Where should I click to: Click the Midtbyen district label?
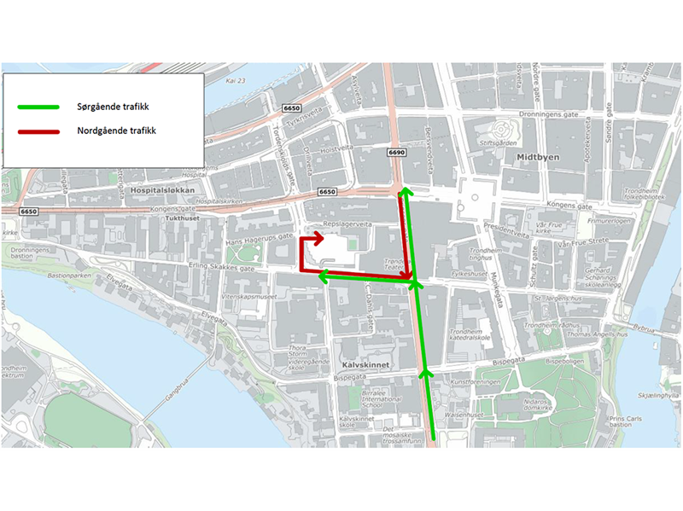537,158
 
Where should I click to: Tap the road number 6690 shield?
395,153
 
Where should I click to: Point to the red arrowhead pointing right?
320,236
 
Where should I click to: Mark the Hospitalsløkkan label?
166,189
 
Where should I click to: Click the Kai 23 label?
236,81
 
